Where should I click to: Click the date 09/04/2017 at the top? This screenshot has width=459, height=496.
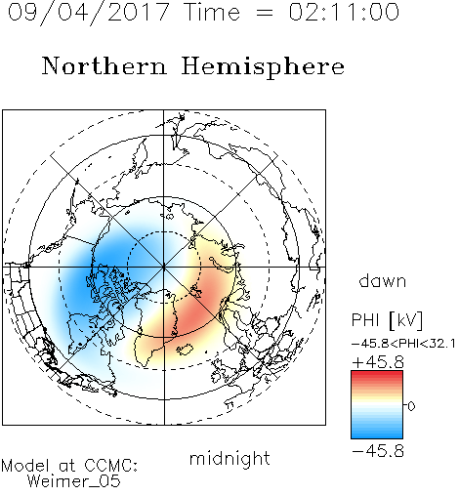coord(88,13)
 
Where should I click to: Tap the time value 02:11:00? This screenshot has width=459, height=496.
coord(344,12)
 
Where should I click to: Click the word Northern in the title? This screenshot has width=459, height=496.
coord(104,65)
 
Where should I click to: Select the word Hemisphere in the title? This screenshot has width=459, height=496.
coord(263,66)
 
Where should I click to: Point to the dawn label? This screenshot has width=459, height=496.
coord(383,281)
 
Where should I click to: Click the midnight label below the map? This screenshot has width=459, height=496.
coord(229,459)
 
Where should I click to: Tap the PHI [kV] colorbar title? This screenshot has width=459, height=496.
coord(387,320)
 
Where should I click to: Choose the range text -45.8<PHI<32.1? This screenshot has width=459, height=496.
coord(403,344)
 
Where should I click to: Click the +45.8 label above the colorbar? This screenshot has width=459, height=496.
coord(378,362)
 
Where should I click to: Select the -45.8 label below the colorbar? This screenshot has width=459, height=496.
coord(378,451)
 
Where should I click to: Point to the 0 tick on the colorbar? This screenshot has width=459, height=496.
coord(411,406)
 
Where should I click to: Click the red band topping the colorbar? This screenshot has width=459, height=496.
coord(377,375)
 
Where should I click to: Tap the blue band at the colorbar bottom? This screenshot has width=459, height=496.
coord(377,434)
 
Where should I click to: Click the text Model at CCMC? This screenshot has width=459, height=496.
coord(69,466)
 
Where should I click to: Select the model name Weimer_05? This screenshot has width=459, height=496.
coord(73,481)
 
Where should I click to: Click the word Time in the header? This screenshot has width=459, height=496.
coord(212,12)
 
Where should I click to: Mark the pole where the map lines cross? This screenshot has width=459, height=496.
coord(164,267)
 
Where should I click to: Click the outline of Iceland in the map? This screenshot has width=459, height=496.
coord(186,350)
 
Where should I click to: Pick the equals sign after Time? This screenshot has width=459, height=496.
coord(264,14)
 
